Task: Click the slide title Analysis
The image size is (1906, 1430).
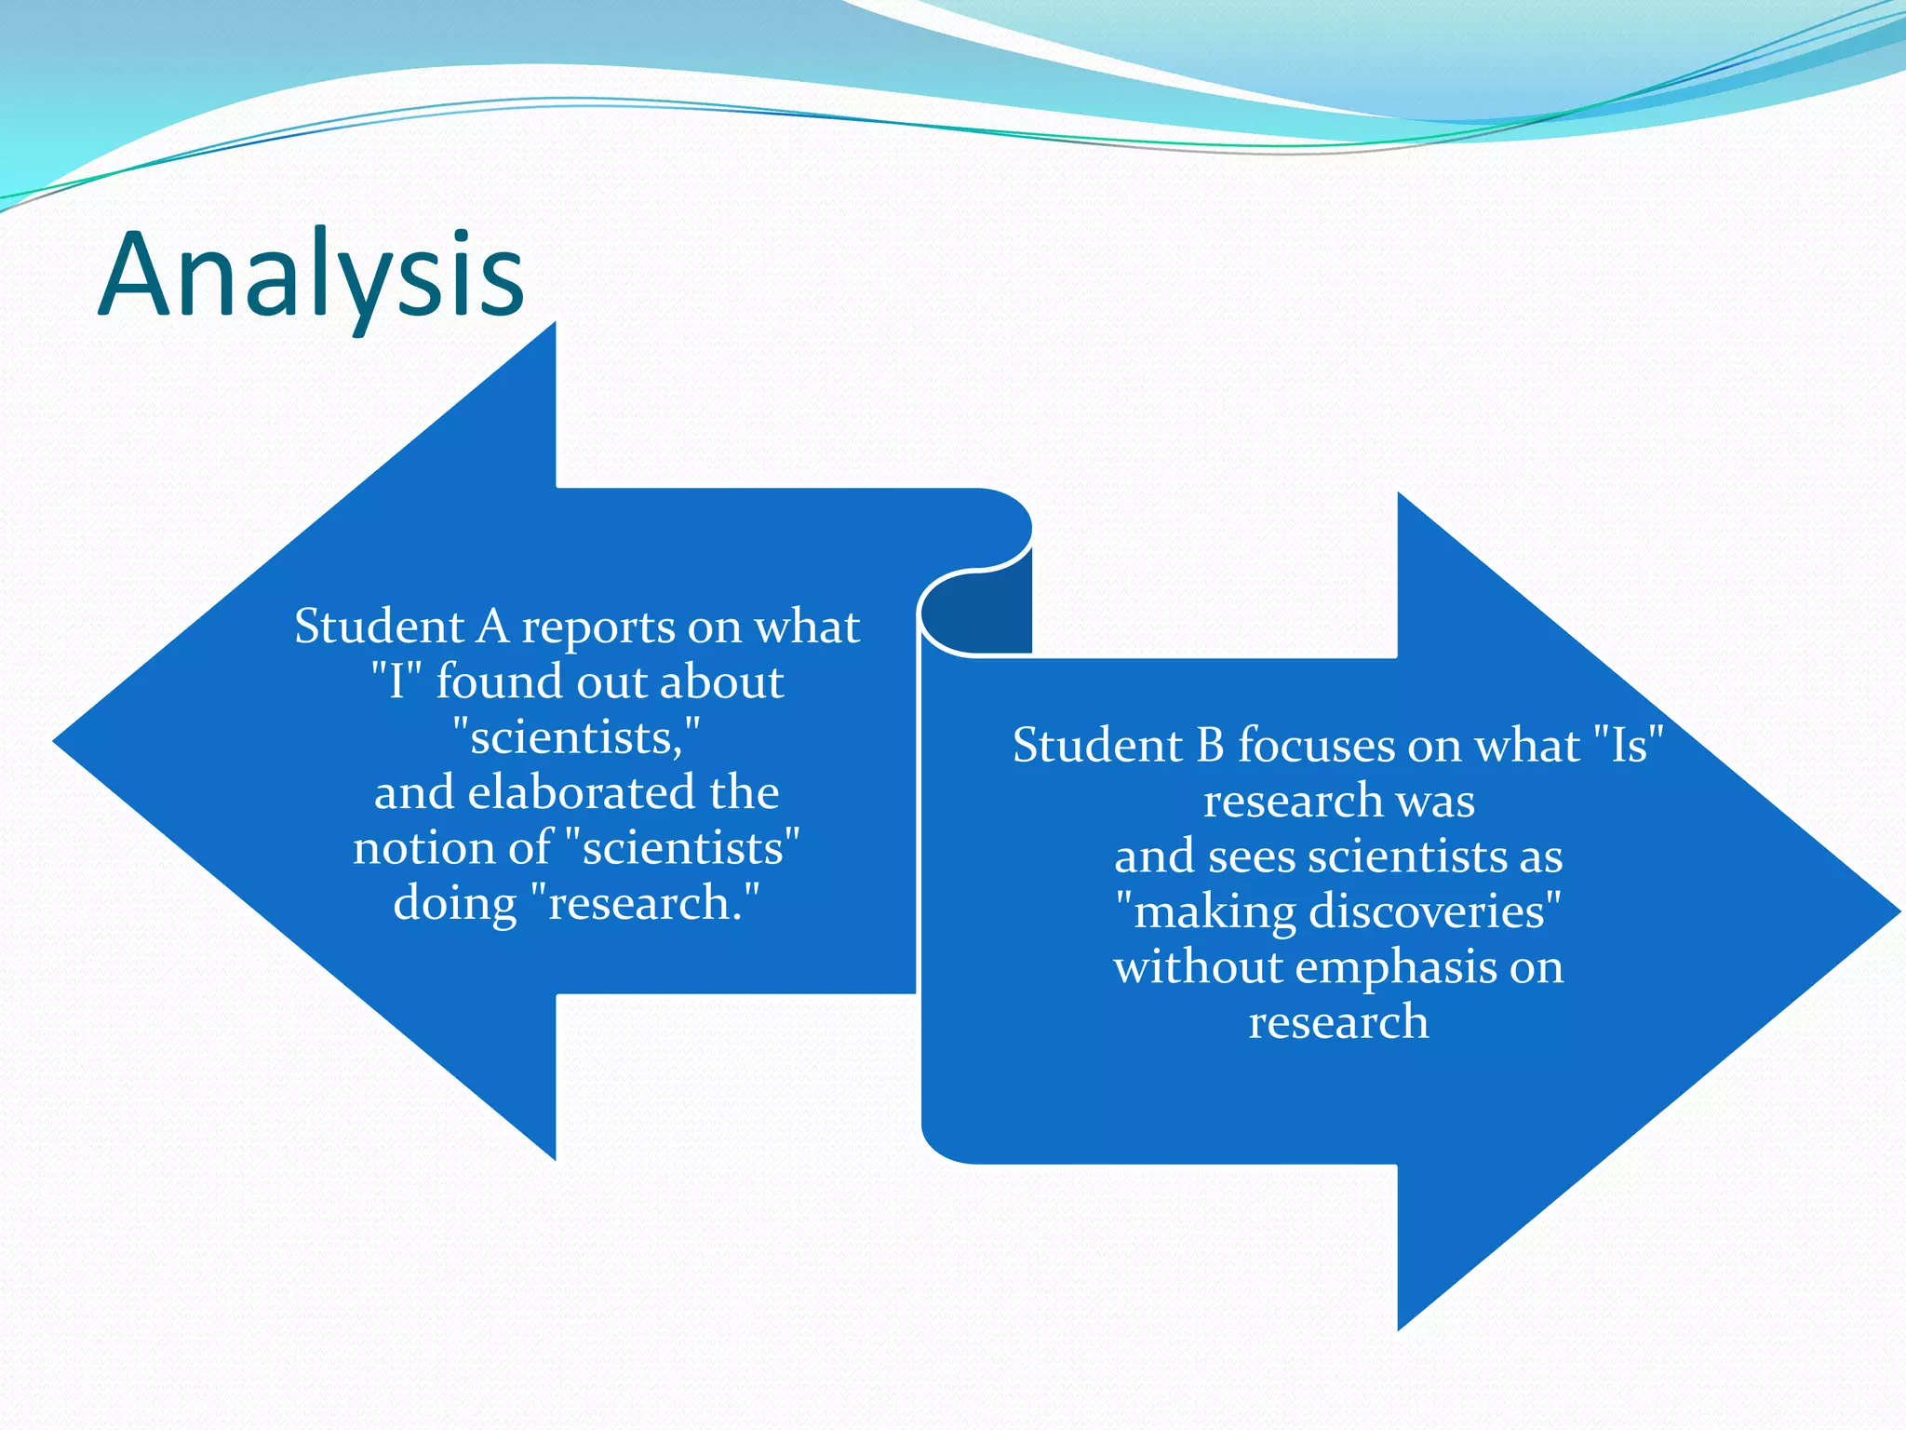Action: pyautogui.click(x=312, y=275)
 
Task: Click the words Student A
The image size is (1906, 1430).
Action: pyautogui.click(x=402, y=626)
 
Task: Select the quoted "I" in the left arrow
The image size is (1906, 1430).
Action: pyautogui.click(x=396, y=681)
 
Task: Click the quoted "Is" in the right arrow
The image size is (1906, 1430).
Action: pyautogui.click(x=1628, y=745)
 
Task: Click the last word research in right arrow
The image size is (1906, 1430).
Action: pyautogui.click(x=1338, y=1022)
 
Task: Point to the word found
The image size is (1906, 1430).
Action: pyautogui.click(x=499, y=681)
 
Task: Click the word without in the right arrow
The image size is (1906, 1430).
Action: pyautogui.click(x=1197, y=967)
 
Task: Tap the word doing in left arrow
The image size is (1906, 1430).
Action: pyautogui.click(x=454, y=903)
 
